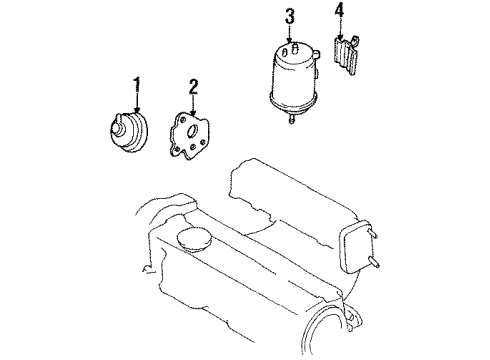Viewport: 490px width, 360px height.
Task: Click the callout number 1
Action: pos(137,85)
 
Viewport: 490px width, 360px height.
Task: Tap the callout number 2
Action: pos(193,87)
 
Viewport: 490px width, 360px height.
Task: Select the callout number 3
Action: pos(290,17)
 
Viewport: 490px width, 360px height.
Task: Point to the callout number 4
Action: pos(339,11)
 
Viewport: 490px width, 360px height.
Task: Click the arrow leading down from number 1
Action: pos(137,103)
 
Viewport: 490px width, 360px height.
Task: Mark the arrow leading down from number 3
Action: pos(289,34)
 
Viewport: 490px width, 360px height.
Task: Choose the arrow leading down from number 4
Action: pos(340,29)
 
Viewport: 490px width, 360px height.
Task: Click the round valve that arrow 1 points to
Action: pos(128,131)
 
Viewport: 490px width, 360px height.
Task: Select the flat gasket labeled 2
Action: pos(189,136)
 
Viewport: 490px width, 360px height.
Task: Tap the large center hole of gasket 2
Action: pos(193,131)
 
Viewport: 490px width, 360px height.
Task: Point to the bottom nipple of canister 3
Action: pos(292,119)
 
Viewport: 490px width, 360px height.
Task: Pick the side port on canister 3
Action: pos(316,53)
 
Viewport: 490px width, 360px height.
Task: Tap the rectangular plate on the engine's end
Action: pos(354,247)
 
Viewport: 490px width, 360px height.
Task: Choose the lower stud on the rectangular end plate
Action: pos(373,263)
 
